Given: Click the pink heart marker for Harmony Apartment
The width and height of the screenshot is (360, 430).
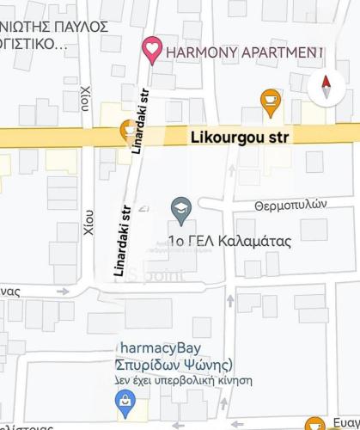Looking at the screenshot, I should (x=152, y=51).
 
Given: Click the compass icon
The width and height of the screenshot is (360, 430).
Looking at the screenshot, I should (x=325, y=86).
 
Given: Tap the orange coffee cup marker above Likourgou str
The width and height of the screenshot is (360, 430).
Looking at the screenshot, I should (x=271, y=101).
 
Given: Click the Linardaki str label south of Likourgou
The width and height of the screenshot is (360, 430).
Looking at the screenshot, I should (x=122, y=240).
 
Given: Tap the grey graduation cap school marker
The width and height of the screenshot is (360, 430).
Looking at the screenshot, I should (x=180, y=207).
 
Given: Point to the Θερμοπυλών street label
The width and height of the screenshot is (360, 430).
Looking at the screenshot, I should (x=292, y=205).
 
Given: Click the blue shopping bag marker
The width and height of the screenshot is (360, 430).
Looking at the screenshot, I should (x=125, y=400).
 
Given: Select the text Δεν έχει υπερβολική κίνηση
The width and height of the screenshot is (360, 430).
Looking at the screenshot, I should (x=184, y=378).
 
